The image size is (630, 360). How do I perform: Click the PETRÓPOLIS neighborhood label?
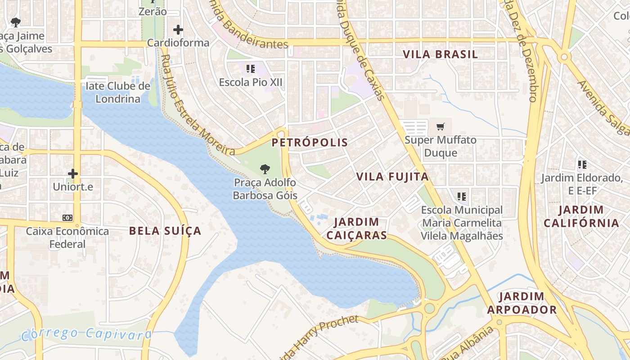pyautogui.click(x=310, y=143)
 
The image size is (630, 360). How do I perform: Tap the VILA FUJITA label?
pyautogui.click(x=392, y=177)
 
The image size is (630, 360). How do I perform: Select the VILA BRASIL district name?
pyautogui.click(x=440, y=54)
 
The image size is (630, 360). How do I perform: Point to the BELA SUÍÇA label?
pyautogui.click(x=165, y=231)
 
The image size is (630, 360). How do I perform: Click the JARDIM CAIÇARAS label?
pyautogui.click(x=356, y=229)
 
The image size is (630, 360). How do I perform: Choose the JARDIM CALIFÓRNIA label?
pyautogui.click(x=581, y=216)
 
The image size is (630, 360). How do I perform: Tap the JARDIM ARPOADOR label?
pyautogui.click(x=522, y=303)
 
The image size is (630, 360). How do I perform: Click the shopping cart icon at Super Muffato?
pyautogui.click(x=440, y=127)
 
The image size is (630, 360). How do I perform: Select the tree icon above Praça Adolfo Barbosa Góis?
pyautogui.click(x=265, y=170)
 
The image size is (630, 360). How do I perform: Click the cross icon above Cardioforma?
pyautogui.click(x=178, y=30)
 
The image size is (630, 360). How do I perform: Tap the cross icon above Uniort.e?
pyautogui.click(x=73, y=173)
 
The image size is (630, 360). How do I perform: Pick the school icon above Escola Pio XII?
pyautogui.click(x=251, y=69)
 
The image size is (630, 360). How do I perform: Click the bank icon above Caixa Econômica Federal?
pyautogui.click(x=67, y=218)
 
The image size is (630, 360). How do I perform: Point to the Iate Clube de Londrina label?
pyautogui.click(x=118, y=92)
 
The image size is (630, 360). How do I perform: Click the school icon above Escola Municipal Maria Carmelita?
pyautogui.click(x=462, y=197)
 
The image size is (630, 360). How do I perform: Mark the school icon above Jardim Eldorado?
pyautogui.click(x=582, y=165)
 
